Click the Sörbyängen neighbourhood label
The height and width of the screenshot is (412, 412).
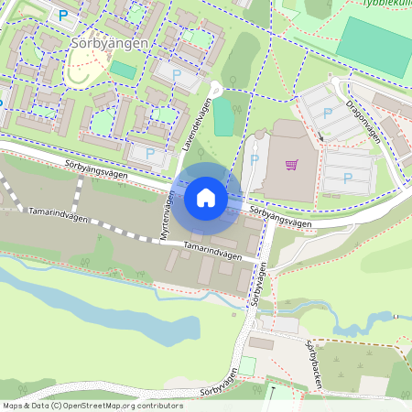point(111,43)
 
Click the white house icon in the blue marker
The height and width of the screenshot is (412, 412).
point(206,197)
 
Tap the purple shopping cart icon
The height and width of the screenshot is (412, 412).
point(292,165)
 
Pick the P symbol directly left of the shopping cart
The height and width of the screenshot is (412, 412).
point(255,161)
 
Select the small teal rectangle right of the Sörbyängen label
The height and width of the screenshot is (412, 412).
point(123,70)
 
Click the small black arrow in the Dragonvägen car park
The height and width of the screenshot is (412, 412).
point(320,138)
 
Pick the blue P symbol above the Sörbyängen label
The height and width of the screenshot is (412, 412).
point(63,15)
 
